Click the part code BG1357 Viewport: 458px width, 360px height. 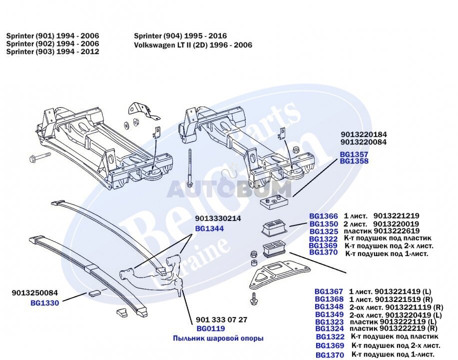point(354,154)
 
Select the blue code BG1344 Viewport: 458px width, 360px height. point(209,228)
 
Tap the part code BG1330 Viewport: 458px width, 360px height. point(44,302)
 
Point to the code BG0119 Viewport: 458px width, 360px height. point(210,328)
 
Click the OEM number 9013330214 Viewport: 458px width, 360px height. point(218,218)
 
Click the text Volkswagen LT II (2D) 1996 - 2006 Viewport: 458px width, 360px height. point(193,45)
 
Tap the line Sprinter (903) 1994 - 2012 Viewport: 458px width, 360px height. point(52,52)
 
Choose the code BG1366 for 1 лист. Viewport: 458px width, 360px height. point(324,216)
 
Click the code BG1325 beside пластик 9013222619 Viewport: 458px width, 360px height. point(324,231)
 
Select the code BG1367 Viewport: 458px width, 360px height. point(329,291)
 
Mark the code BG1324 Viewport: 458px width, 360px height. point(329,328)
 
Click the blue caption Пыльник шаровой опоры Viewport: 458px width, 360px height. point(218,338)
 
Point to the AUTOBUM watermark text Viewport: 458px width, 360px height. point(229,189)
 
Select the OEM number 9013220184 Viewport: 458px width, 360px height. point(364,134)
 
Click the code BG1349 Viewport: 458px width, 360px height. point(329,314)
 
